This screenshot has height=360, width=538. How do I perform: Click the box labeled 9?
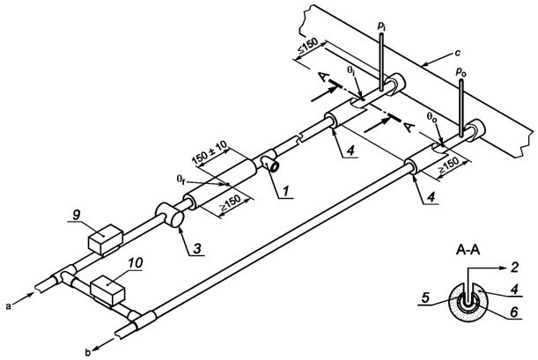tap(106, 239)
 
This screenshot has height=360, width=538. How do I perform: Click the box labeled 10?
tap(107, 290)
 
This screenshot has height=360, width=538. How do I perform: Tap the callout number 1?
tap(286, 191)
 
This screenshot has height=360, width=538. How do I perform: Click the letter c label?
tap(457, 53)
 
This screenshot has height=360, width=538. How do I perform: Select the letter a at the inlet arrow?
tap(8, 306)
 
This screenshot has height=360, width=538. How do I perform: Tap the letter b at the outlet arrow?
tap(88, 352)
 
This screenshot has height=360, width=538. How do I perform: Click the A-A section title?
tap(468, 250)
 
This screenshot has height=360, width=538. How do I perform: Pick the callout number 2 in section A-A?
tap(513, 267)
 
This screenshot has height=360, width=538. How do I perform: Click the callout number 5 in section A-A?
tap(425, 298)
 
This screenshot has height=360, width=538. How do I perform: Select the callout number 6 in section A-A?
tap(513, 312)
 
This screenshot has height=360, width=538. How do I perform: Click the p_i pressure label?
tap(381, 27)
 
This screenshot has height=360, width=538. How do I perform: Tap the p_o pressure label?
tap(461, 72)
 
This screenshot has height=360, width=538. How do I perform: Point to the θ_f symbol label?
tap(181, 179)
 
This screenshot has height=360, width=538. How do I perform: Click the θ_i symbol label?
tap(350, 70)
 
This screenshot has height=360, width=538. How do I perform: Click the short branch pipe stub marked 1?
tap(271, 164)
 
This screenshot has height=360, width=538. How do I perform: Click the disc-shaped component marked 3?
tap(170, 216)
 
